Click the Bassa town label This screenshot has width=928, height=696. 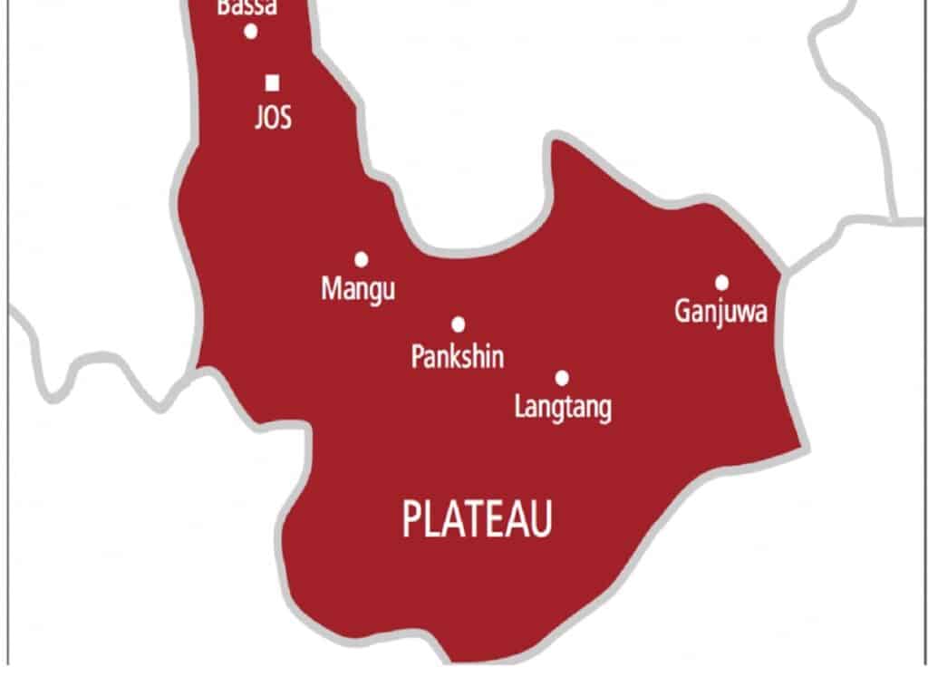click(247, 8)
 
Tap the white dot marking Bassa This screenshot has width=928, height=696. click(251, 32)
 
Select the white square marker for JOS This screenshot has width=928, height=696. click(272, 83)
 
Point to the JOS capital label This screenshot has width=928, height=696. click(273, 118)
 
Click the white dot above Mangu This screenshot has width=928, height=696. click(361, 260)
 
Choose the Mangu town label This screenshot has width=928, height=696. click(359, 290)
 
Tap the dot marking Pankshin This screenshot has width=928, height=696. click(458, 324)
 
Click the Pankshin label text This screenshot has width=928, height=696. click(458, 356)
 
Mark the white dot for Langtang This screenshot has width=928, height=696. click(562, 378)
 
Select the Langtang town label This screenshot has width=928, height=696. click(563, 407)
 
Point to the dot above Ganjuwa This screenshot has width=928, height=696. click(721, 283)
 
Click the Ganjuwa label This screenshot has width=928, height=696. click(721, 313)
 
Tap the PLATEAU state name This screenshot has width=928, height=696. click(477, 521)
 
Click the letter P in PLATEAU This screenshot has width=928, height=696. click(411, 521)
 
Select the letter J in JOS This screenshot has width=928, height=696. click(258, 119)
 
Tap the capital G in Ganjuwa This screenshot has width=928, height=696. click(682, 311)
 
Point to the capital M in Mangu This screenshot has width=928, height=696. click(331, 289)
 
